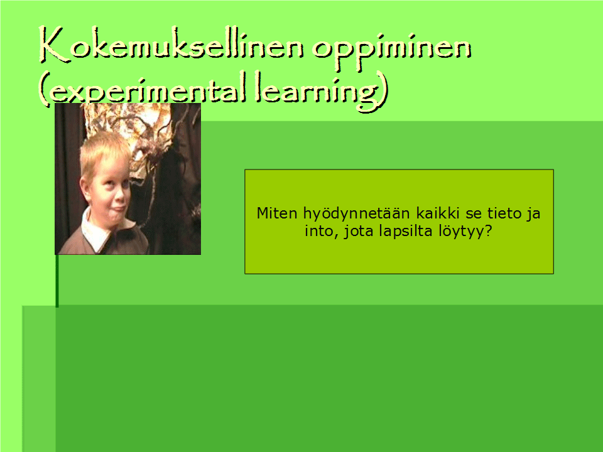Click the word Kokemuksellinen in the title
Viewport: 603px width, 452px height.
click(171, 46)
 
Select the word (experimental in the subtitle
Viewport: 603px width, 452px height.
click(143, 89)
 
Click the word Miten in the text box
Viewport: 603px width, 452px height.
click(277, 213)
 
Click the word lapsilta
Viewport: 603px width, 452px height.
click(405, 232)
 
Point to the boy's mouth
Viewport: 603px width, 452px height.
click(117, 210)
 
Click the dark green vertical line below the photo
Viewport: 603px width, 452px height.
click(57, 281)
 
